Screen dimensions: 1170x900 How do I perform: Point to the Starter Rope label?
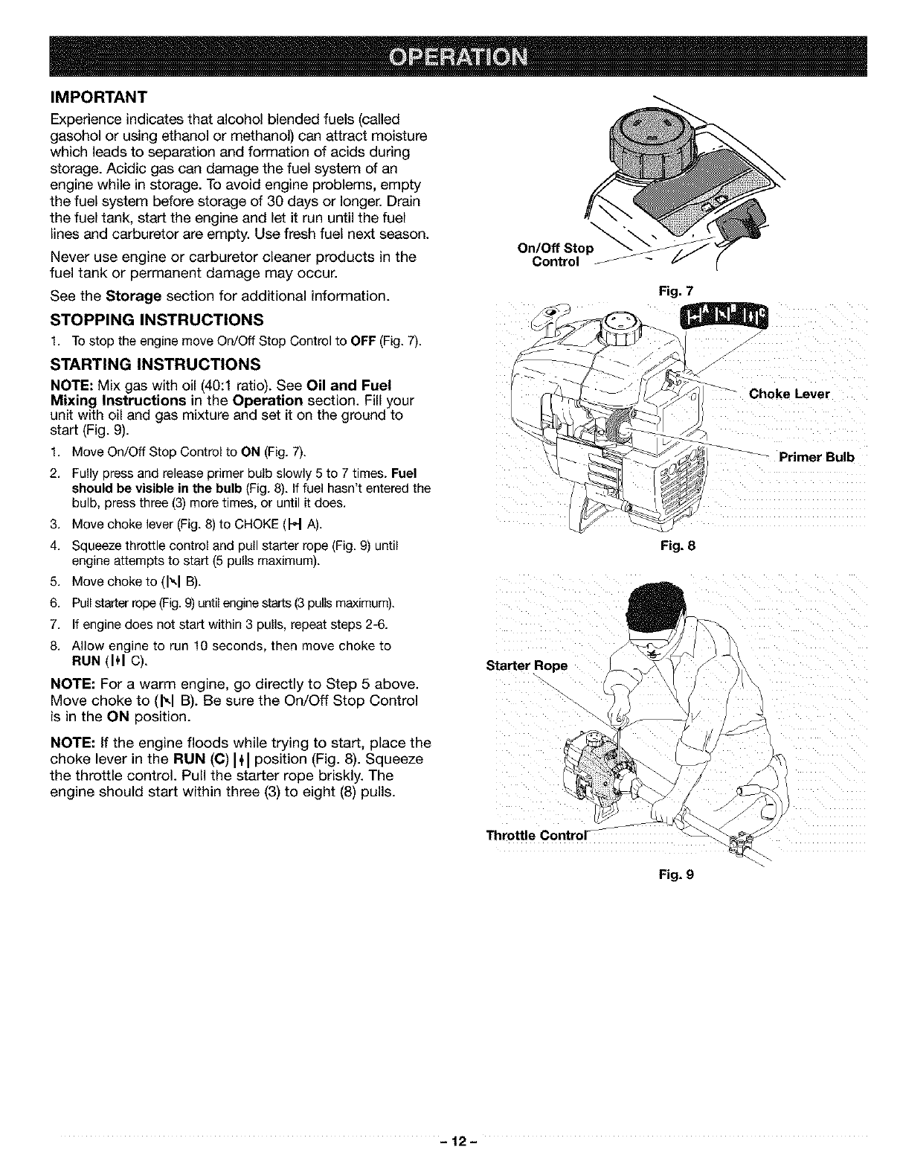pyautogui.click(x=527, y=665)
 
